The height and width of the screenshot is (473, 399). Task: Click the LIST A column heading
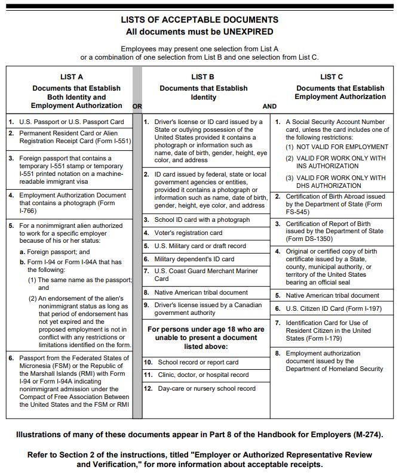point(72,76)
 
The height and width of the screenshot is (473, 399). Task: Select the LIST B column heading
point(203,76)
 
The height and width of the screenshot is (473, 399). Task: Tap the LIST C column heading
point(332,76)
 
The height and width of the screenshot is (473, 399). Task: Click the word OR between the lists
point(137,106)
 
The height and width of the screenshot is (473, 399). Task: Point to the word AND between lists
point(269,106)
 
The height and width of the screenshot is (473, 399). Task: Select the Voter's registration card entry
point(188,233)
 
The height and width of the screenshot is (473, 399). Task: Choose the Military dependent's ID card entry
point(194,259)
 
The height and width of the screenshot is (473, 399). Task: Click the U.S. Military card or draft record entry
point(200,246)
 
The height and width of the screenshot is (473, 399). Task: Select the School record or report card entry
point(198,362)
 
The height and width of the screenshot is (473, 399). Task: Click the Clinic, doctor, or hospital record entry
point(203,375)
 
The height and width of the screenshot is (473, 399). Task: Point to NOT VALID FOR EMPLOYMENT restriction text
point(336,147)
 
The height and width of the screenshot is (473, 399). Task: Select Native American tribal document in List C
point(332,295)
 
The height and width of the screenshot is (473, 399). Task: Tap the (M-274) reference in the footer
point(366,434)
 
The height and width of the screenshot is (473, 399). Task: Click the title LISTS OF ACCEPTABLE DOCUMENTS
point(199,20)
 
